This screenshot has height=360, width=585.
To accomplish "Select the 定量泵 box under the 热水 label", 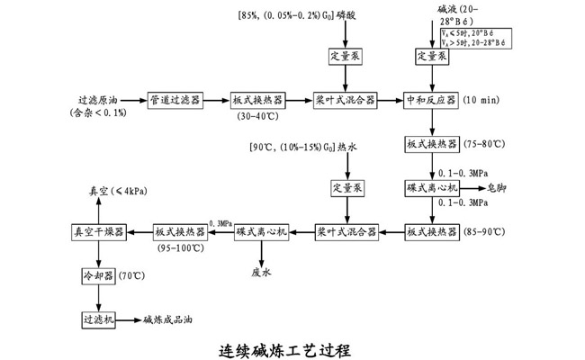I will (x=345, y=188).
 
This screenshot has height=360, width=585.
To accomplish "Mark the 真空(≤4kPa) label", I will (x=106, y=191).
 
